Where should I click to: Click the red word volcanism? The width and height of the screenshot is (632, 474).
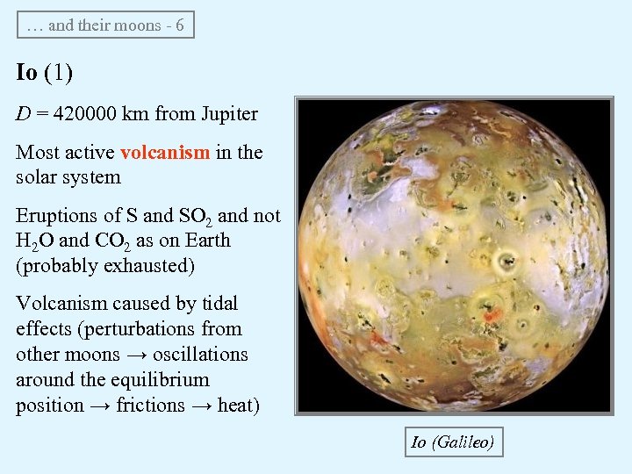pyautogui.click(x=165, y=152)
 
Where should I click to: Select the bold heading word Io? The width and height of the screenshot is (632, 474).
pyautogui.click(x=26, y=72)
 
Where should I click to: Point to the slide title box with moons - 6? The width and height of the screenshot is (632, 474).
pyautogui.click(x=105, y=25)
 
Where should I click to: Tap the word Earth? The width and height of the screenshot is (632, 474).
pyautogui.click(x=202, y=241)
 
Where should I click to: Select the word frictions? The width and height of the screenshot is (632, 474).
pyautogui.click(x=151, y=406)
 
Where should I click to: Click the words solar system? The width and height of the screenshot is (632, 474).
pyautogui.click(x=68, y=177)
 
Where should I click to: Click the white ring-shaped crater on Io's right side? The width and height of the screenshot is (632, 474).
pyautogui.click(x=505, y=260)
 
